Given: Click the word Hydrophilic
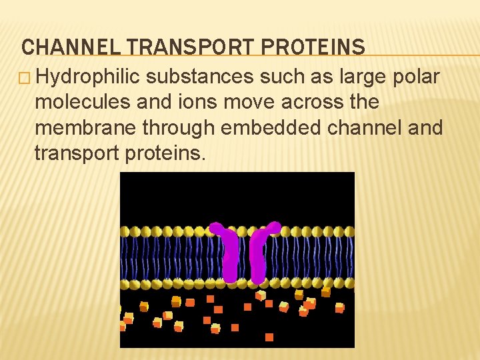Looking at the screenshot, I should pos(88,77).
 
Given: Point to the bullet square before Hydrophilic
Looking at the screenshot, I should pos(27,78).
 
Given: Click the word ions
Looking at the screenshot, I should pos(183,103).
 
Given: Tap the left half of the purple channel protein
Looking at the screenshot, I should pos(228,253).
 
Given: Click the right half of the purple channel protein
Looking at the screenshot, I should pos(260,253).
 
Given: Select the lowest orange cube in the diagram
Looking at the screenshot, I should pos(269,337).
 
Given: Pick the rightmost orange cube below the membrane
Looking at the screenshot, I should pos(339,308).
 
